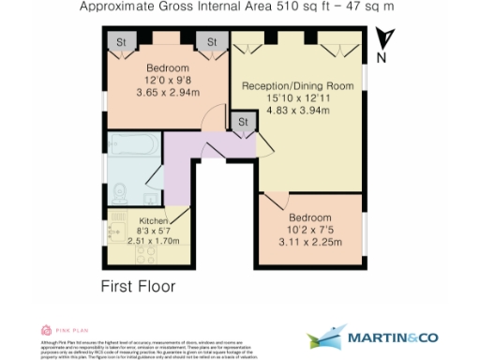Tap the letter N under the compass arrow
coord(382,57)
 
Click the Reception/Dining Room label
coord(297,86)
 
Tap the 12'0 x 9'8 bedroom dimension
coord(167,81)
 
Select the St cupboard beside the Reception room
coord(244,123)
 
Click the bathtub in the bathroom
coord(134,144)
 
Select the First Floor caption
coord(137,282)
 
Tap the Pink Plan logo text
coord(72,330)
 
